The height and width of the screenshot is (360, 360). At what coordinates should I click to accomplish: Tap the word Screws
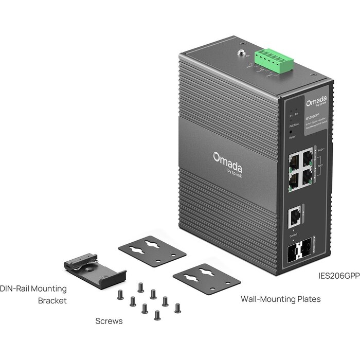(x=109, y=321)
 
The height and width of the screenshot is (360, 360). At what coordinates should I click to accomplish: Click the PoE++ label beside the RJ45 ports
(x=321, y=150)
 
